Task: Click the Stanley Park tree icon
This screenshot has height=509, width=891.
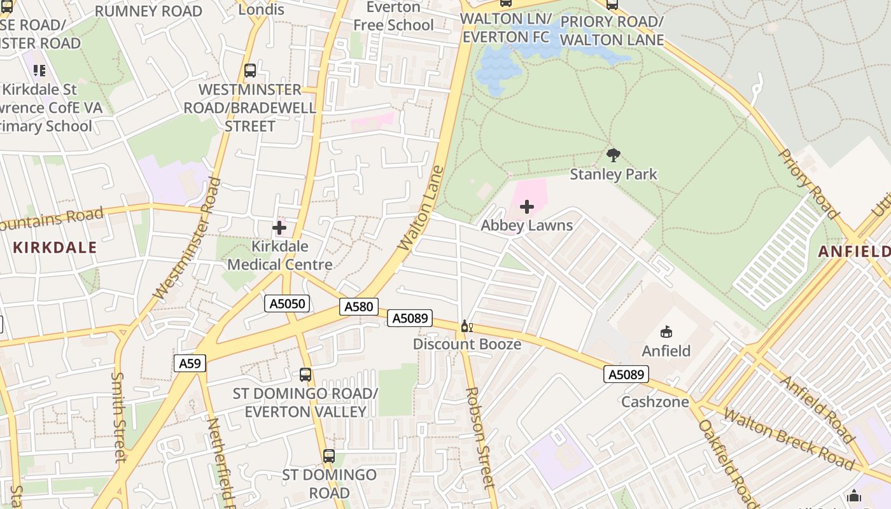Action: pyautogui.click(x=613, y=155)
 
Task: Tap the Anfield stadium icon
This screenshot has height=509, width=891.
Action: pyautogui.click(x=666, y=331)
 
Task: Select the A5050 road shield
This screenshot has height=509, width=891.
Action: pyautogui.click(x=287, y=303)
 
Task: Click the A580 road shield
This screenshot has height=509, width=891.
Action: pyautogui.click(x=358, y=307)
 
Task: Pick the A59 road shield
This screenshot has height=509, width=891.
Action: pyautogui.click(x=189, y=363)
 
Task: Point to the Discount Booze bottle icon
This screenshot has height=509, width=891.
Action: pyautogui.click(x=467, y=326)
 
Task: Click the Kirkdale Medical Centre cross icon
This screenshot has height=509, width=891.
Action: pyautogui.click(x=279, y=228)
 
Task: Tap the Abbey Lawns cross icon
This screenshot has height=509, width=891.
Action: pyautogui.click(x=526, y=207)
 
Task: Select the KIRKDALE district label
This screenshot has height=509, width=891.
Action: pyautogui.click(x=55, y=248)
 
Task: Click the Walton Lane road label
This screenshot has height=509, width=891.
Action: pyautogui.click(x=420, y=208)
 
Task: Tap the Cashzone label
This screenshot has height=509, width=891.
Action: pyautogui.click(x=655, y=402)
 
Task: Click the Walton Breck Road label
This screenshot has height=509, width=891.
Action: pyautogui.click(x=789, y=439)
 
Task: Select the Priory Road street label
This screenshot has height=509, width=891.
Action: pyautogui.click(x=809, y=182)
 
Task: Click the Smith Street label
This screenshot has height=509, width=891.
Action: pyautogui.click(x=118, y=416)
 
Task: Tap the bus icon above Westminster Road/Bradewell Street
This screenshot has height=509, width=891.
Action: pyautogui.click(x=249, y=70)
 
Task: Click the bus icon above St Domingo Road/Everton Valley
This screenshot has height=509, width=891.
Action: pyautogui.click(x=305, y=374)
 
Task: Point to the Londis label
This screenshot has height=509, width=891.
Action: pyautogui.click(x=262, y=10)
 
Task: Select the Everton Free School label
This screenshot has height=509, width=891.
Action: pyautogui.click(x=393, y=17)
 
